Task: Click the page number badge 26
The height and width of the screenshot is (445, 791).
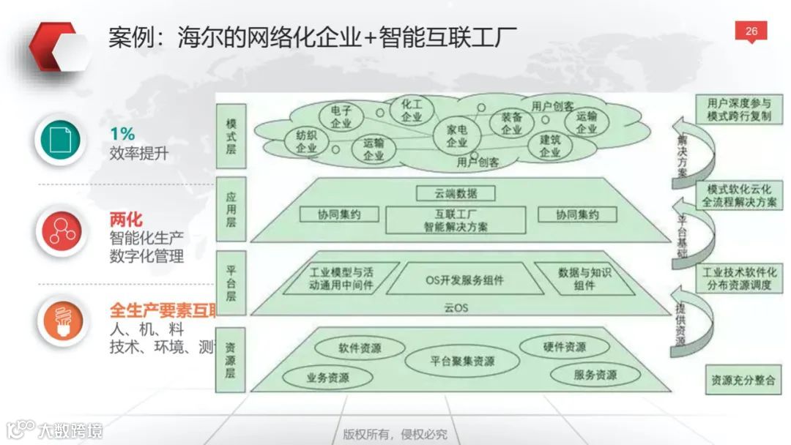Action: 751,31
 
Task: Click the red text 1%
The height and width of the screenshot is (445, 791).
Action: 122,135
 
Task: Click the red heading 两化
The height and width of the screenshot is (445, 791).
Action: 126,220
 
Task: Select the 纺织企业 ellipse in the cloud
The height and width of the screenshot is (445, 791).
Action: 306,141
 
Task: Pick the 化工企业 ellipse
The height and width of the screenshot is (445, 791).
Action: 412,111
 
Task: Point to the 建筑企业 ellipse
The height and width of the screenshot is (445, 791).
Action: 550,146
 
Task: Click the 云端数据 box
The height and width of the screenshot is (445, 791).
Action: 456,194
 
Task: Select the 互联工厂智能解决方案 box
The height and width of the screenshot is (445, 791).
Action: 456,220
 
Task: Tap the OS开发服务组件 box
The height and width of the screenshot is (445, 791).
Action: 464,280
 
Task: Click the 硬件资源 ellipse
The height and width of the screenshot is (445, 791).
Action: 564,347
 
